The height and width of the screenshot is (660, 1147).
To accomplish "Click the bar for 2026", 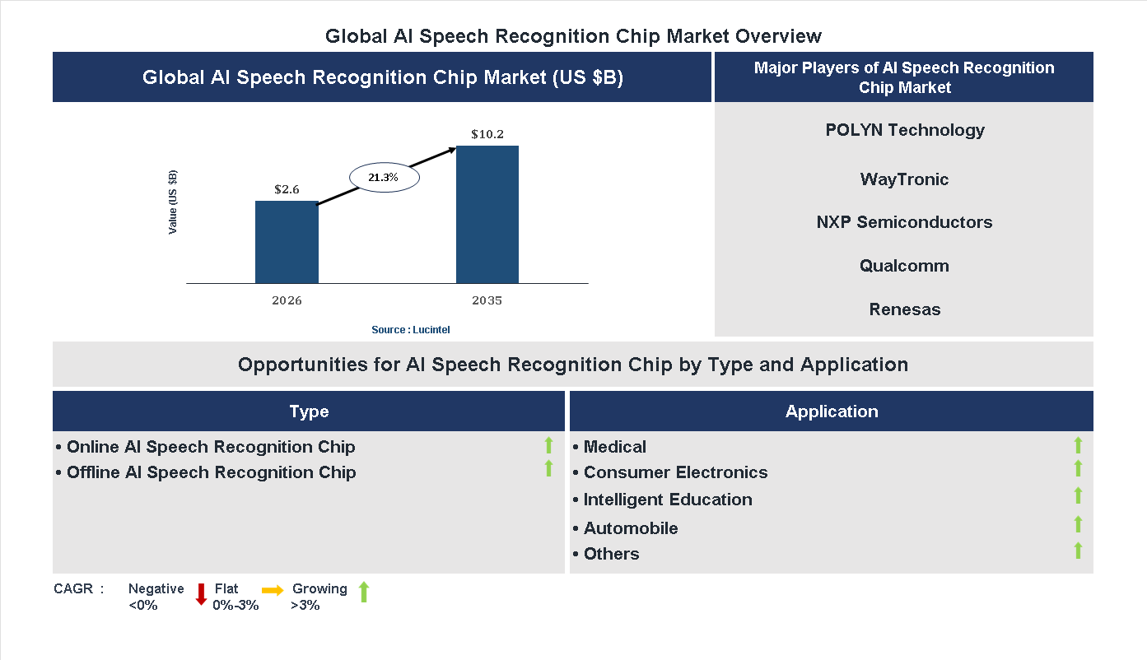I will [287, 242].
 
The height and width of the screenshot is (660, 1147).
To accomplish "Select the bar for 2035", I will [487, 215].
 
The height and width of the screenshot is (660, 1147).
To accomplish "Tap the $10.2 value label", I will [487, 133].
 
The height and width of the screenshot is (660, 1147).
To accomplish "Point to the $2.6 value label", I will [287, 189].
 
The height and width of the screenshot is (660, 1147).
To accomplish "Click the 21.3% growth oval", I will [385, 177].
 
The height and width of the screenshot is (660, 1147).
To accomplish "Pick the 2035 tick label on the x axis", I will [487, 300].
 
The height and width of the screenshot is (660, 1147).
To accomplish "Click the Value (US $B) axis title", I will [173, 202].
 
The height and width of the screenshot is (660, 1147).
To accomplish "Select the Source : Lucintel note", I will [411, 329].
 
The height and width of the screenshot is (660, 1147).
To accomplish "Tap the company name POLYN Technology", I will [905, 130].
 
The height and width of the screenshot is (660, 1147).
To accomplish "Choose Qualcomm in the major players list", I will [904, 266].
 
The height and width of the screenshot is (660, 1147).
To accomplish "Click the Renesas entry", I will [904, 309].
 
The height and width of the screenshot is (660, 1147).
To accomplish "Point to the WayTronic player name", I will [904, 179].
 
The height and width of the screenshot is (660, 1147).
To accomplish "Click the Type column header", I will [309, 411].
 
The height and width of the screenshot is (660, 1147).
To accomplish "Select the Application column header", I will [832, 411].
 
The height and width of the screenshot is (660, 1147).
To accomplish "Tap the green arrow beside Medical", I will [1078, 445].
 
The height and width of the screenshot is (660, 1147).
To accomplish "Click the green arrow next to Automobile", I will [1078, 524].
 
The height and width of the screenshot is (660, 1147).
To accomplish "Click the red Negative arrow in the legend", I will [201, 593].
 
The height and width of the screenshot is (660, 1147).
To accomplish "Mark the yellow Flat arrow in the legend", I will [273, 590].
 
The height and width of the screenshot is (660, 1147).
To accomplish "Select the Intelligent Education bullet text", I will [668, 500].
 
